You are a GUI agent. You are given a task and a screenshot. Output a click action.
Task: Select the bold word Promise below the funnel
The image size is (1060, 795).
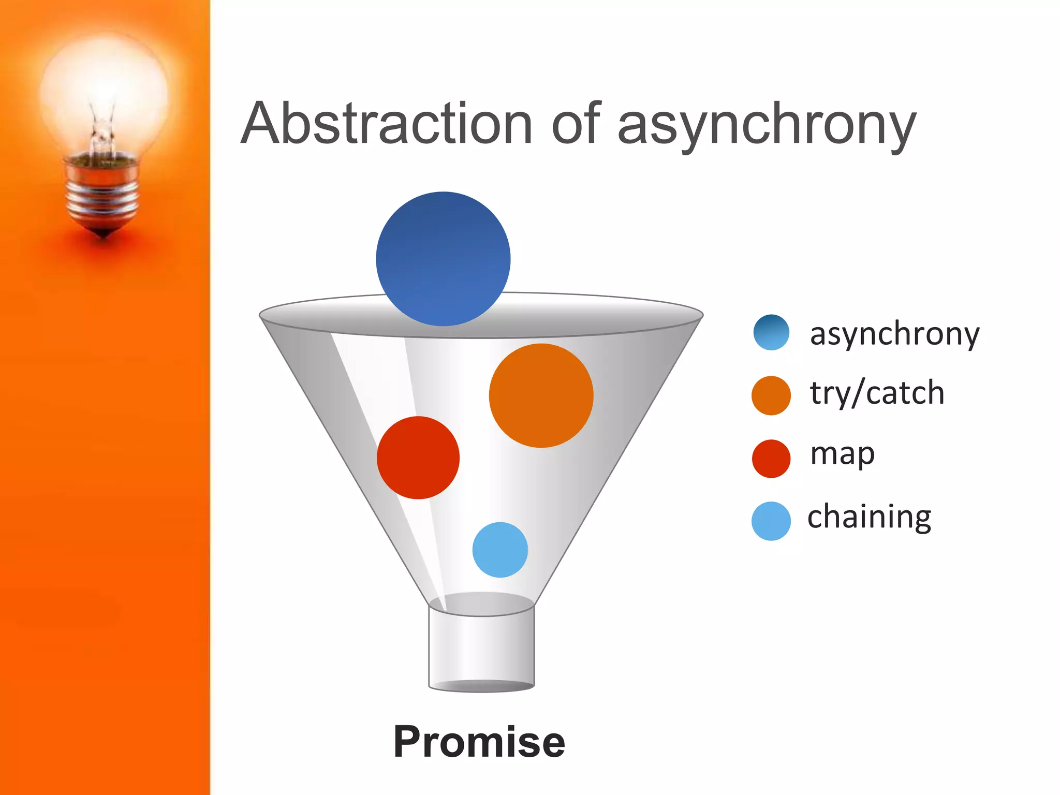coord(479,741)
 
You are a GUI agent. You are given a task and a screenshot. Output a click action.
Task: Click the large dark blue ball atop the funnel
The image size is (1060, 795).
coord(443,259)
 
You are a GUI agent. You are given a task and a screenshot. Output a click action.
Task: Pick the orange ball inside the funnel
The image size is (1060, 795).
coord(541,395)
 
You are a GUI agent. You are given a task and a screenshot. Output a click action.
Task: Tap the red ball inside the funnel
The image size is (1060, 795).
coord(418,458)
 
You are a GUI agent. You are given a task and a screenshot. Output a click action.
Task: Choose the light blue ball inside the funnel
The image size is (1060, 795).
coord(500,550)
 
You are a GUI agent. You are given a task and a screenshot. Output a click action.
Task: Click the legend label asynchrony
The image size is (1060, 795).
coord(894,334)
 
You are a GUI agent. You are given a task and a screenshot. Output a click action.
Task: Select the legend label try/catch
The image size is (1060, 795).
coord(877,393)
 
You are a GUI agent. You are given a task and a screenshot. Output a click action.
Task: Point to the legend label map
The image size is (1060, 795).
coord(842,454)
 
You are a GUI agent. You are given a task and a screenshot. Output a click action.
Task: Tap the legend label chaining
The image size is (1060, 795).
coord(869,517)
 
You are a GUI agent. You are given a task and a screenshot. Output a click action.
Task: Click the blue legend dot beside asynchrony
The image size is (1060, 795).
coord(771,332)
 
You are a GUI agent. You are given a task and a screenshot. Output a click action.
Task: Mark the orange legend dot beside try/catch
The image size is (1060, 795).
coord(771,395)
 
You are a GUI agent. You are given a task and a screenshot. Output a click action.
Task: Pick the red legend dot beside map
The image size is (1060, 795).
coord(771,458)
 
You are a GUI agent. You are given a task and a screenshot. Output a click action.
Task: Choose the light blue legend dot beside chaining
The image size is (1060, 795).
coord(771,521)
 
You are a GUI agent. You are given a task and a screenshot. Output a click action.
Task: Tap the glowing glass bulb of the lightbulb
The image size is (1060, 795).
coord(104,83)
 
